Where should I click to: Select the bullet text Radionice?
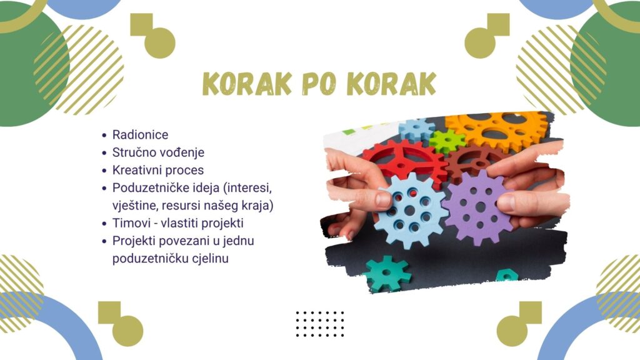140,135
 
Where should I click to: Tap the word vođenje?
181,152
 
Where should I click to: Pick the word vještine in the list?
135,205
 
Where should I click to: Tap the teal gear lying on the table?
386,274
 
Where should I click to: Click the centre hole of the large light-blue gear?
410,210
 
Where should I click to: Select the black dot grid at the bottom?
319,324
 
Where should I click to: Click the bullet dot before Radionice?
104,135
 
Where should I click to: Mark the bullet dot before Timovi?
104,224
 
